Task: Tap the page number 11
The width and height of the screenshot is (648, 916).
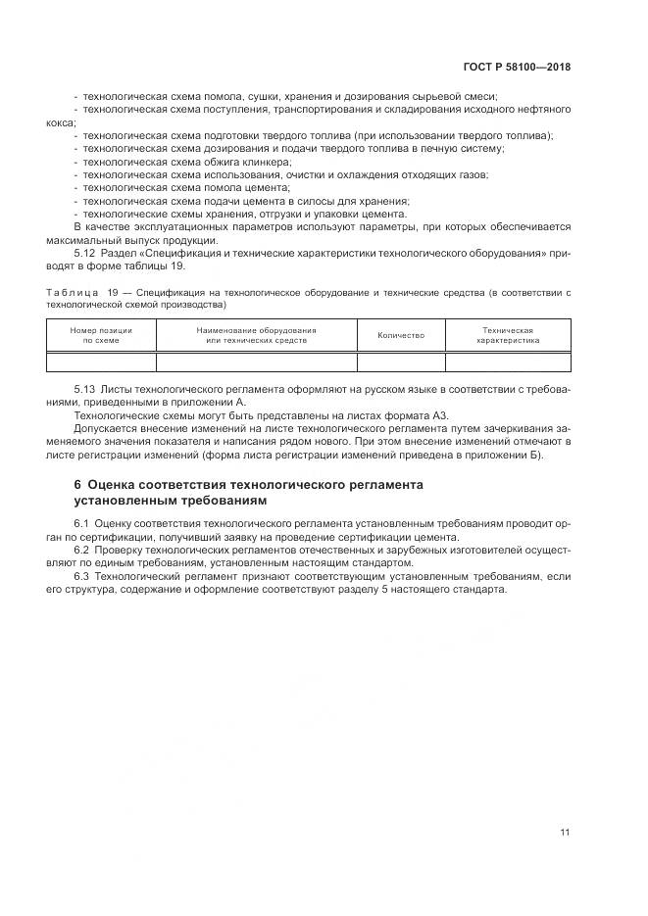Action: (x=565, y=833)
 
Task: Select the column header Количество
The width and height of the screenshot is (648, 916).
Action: (x=401, y=335)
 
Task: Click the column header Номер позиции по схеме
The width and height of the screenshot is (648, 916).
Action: (x=100, y=335)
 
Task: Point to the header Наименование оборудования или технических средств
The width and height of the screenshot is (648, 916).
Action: (x=256, y=335)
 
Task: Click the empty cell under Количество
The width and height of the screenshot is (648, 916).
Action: (x=401, y=362)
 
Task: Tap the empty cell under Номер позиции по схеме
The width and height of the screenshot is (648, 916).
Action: (x=100, y=362)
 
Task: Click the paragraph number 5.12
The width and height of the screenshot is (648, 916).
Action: (x=84, y=252)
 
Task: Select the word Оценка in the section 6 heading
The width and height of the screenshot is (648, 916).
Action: (x=116, y=484)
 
